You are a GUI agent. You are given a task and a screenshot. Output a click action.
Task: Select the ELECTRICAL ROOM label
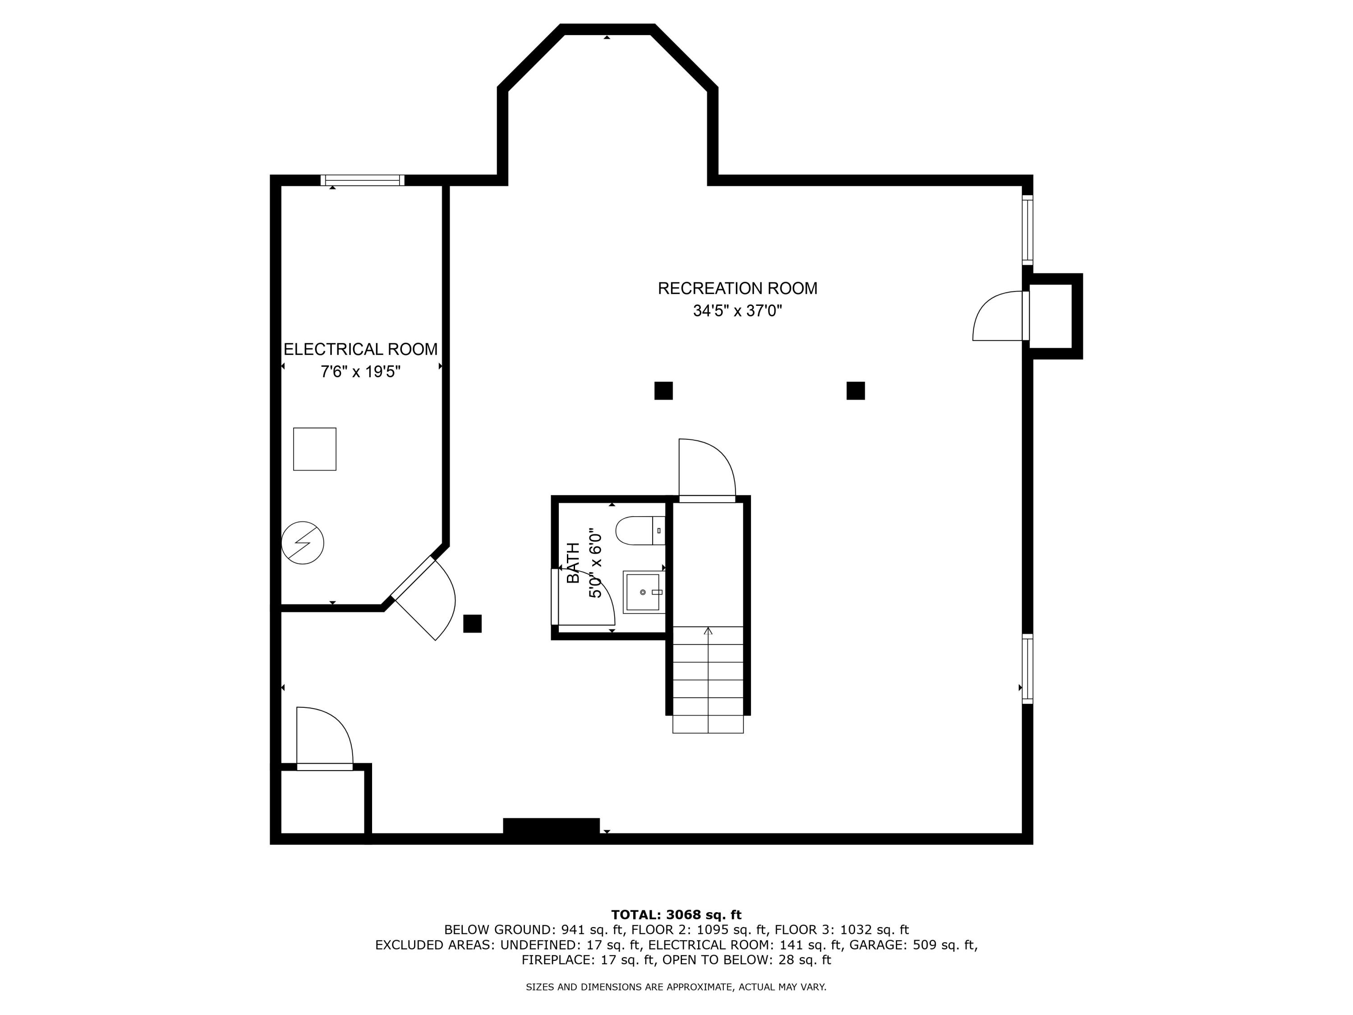[360, 349]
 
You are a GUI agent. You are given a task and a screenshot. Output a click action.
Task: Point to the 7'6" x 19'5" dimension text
[360, 371]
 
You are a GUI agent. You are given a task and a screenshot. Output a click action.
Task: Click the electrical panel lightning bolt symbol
[302, 543]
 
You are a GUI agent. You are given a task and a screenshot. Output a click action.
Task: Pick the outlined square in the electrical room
[314, 449]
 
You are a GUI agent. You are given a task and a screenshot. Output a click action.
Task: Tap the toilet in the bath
[639, 531]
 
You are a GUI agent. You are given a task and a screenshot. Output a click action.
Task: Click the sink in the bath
[642, 592]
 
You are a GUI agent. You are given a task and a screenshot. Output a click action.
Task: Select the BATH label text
[573, 563]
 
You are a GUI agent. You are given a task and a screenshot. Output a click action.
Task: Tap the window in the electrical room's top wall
[362, 180]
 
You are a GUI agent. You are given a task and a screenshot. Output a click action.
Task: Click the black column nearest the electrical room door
[472, 623]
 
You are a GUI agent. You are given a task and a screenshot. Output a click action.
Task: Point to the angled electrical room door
[424, 600]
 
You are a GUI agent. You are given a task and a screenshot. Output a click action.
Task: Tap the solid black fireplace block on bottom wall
[551, 826]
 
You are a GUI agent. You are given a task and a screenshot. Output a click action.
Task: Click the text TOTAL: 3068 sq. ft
[676, 915]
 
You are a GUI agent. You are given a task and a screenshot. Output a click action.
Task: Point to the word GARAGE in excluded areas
[876, 945]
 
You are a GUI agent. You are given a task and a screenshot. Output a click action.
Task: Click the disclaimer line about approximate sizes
[676, 987]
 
